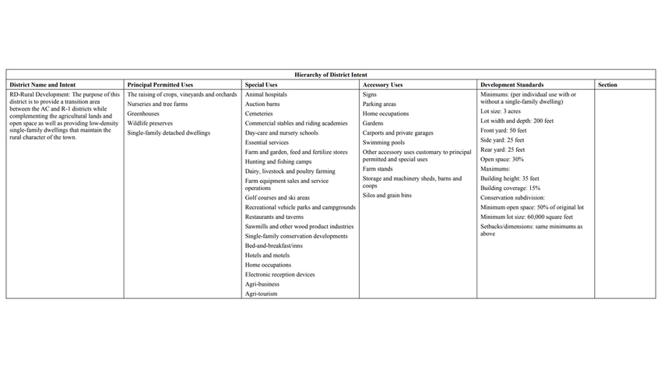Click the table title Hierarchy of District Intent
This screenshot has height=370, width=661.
tap(330, 74)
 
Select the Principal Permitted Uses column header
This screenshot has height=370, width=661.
tap(160, 84)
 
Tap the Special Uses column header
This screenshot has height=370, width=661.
tap(262, 84)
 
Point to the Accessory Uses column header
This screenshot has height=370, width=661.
tap(382, 84)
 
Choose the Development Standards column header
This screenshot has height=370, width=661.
tap(512, 84)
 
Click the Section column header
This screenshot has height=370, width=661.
tap(608, 84)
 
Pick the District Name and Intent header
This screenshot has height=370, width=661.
tap(44, 84)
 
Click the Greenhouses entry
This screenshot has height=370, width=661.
tap(144, 114)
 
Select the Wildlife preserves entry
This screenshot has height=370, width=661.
tap(150, 123)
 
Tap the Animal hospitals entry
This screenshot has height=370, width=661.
tap(266, 94)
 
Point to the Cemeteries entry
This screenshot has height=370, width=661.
tap(259, 114)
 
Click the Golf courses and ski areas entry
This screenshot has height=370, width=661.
tap(277, 198)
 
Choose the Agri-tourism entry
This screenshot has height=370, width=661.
tap(262, 294)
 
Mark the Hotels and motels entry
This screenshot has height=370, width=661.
tap(267, 255)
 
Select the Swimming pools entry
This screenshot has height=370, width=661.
tap(384, 143)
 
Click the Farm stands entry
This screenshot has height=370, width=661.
tap(378, 169)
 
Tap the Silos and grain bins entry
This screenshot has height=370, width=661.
tap(387, 196)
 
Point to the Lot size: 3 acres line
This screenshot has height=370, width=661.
tap(501, 111)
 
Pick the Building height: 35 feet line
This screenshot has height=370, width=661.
tap(510, 178)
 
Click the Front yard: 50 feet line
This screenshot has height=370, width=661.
tap(503, 131)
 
